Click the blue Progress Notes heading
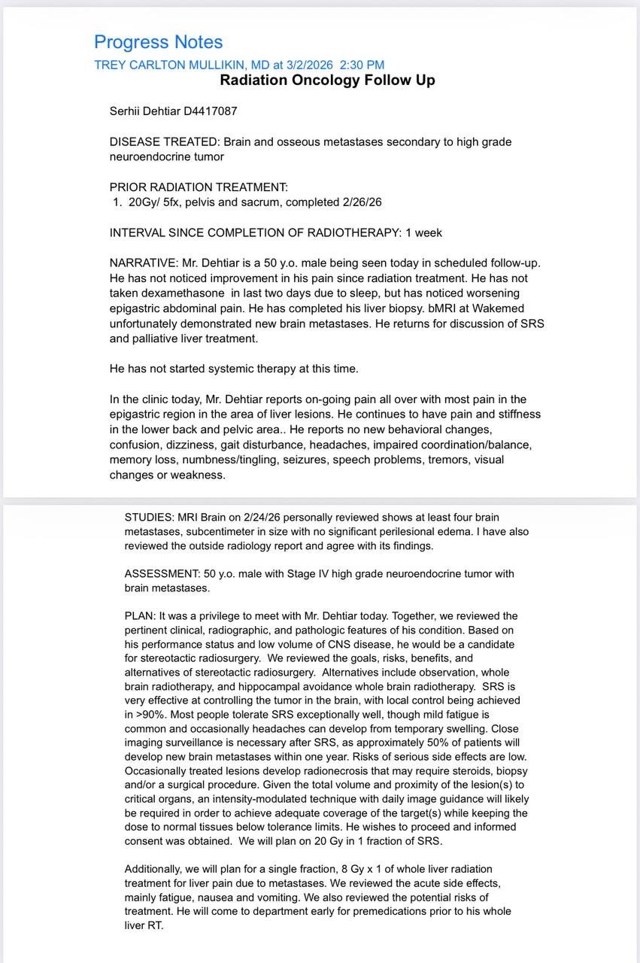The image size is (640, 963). pos(158,42)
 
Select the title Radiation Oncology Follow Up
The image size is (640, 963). pos(327,80)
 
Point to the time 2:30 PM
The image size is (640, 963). pos(362,65)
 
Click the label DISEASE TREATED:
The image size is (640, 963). pos(165,141)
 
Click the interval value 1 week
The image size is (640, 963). pos(423,232)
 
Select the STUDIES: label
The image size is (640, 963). pos(149,517)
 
